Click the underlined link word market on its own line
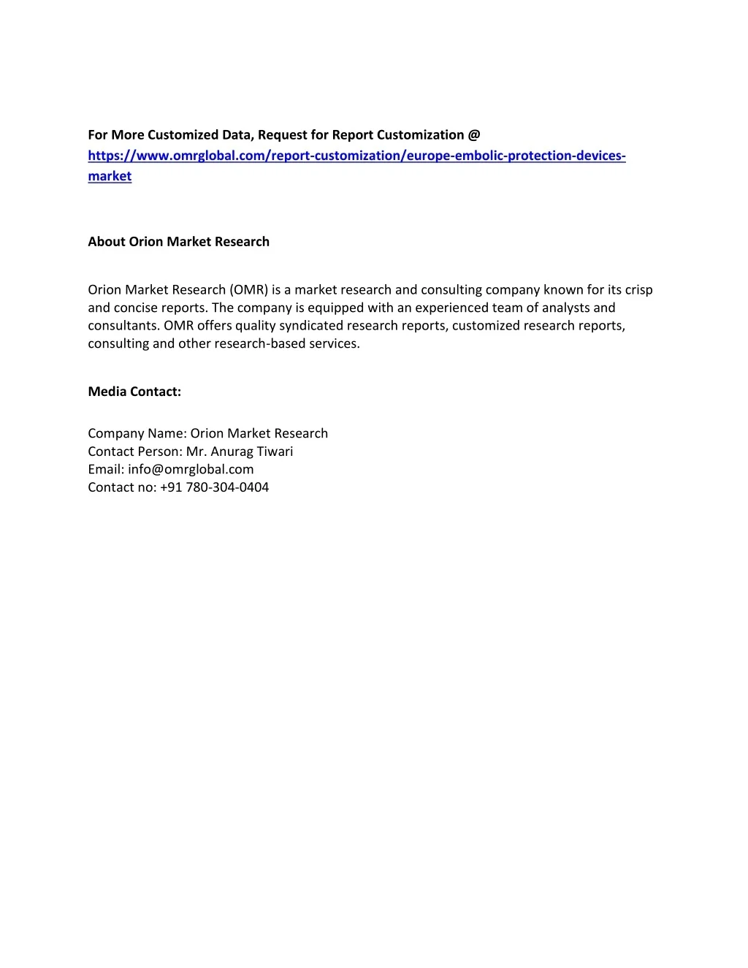[x=110, y=176]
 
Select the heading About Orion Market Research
[x=178, y=242]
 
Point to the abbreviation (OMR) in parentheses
[x=249, y=290]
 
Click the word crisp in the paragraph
[x=638, y=290]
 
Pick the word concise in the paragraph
[x=136, y=308]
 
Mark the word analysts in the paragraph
[x=565, y=308]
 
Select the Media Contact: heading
[x=134, y=392]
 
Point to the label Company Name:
[x=137, y=433]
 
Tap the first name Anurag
[x=232, y=451]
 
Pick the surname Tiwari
[x=275, y=451]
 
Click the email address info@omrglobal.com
[x=191, y=470]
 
